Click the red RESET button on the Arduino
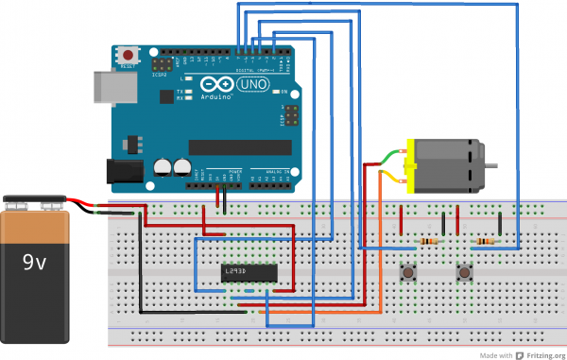pyautogui.click(x=128, y=56)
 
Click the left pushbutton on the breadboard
pyautogui.click(x=408, y=273)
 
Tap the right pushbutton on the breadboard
pyautogui.click(x=464, y=273)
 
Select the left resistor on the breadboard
pyautogui.click(x=432, y=241)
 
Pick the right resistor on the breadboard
pyautogui.click(x=487, y=241)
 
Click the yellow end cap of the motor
pyautogui.click(x=410, y=166)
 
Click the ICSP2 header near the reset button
pyautogui.click(x=163, y=64)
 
